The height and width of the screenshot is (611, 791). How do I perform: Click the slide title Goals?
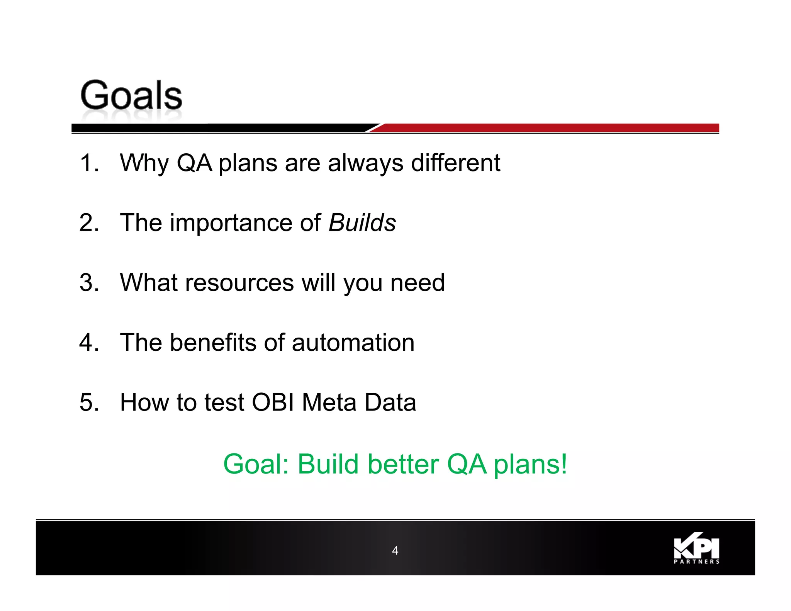(x=131, y=95)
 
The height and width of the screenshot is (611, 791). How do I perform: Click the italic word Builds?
(x=362, y=223)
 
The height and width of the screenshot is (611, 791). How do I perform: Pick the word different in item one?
(x=455, y=163)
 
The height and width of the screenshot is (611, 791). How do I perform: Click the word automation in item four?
(x=353, y=343)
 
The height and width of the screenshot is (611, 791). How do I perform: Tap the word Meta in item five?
(x=329, y=402)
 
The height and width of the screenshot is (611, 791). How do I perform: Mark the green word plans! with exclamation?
(x=530, y=465)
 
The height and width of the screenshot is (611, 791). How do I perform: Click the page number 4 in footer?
(x=395, y=550)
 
